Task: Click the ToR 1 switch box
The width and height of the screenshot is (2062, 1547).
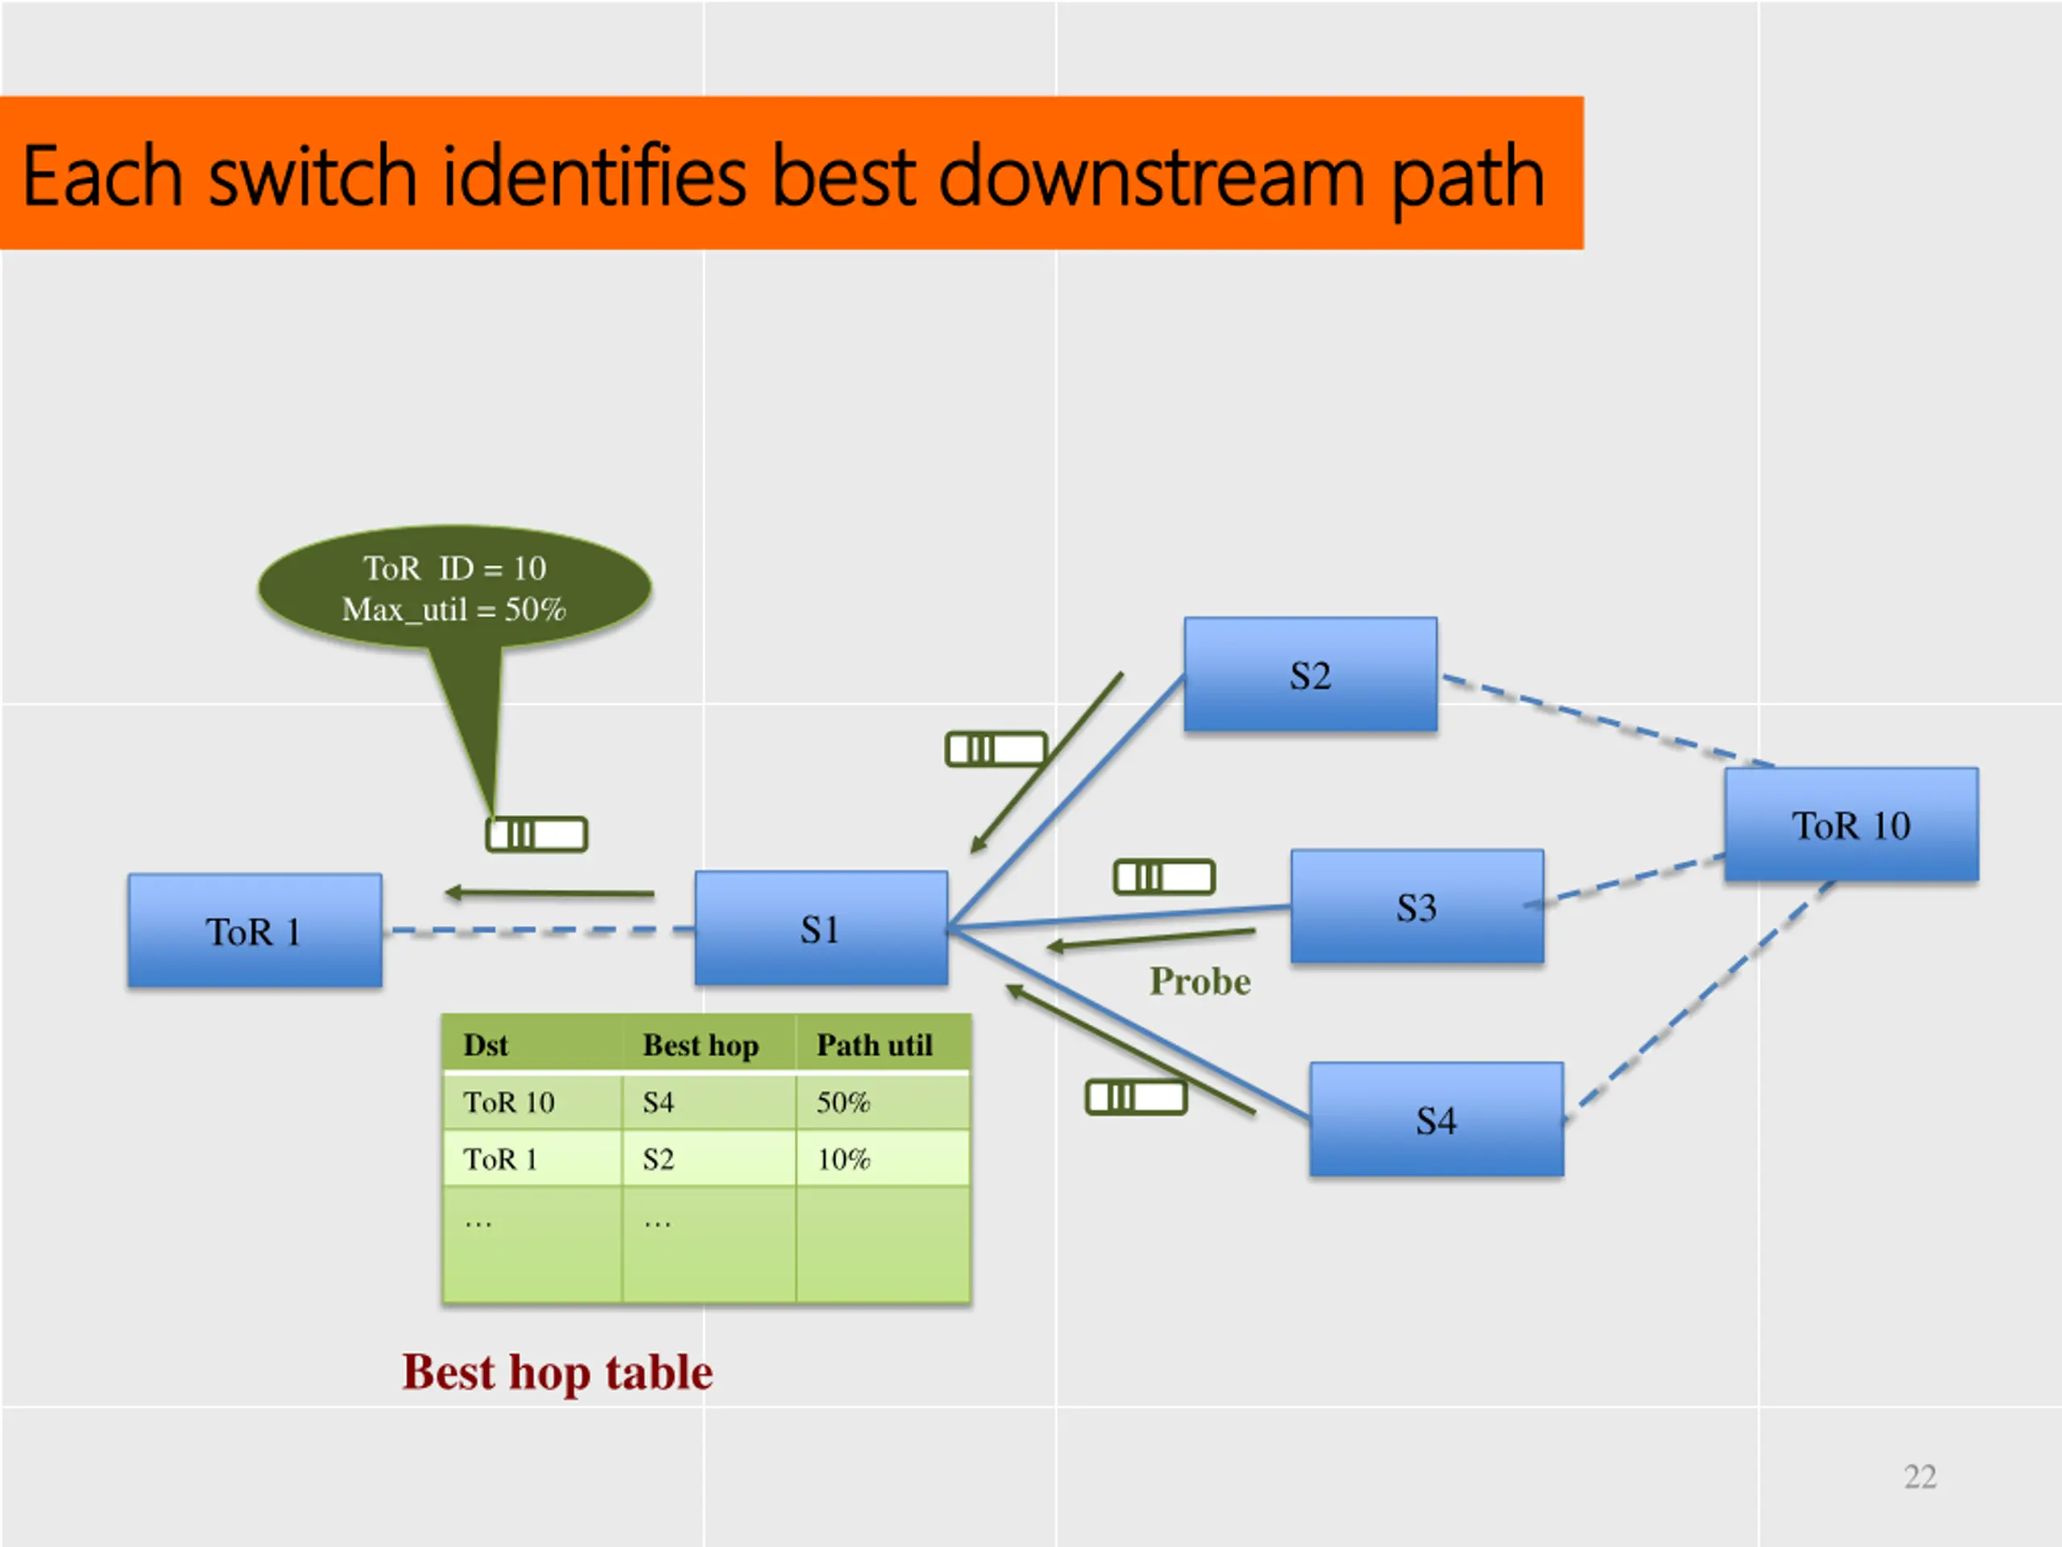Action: (255, 931)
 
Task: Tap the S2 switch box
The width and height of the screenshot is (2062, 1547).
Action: (1310, 674)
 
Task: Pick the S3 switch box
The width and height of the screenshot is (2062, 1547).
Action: (1417, 906)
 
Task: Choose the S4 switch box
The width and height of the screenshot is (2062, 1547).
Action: (1436, 1119)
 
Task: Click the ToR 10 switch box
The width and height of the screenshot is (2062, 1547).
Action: (1851, 824)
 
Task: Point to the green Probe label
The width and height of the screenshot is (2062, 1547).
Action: (1199, 981)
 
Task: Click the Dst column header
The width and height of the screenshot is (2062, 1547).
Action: (486, 1044)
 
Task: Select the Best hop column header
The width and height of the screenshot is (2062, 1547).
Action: (701, 1044)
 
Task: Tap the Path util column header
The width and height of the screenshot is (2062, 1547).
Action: (875, 1044)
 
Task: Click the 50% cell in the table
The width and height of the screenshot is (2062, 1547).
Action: (843, 1102)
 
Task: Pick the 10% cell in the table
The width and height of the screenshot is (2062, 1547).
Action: (843, 1159)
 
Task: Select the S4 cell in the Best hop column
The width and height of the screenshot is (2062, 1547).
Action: (658, 1102)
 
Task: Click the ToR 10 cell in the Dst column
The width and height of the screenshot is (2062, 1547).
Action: (509, 1102)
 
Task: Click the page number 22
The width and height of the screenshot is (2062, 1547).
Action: (1920, 1476)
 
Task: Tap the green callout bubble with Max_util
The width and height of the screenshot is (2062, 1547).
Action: (455, 588)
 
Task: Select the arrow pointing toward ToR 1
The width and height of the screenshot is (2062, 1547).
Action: (550, 894)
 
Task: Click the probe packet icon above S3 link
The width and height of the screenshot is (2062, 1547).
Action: (1164, 877)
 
